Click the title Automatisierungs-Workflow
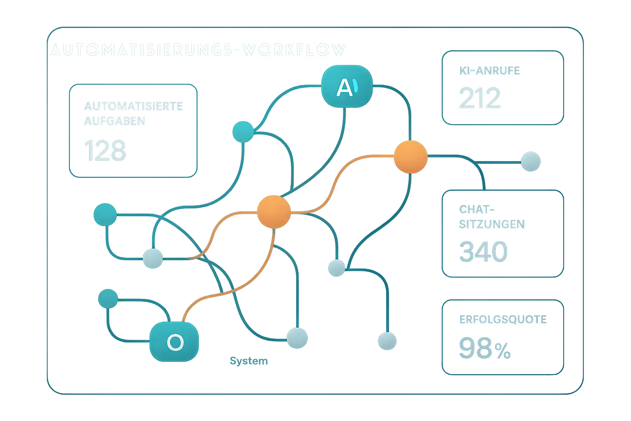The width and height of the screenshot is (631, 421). tap(198, 50)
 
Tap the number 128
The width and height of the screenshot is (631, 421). tap(105, 150)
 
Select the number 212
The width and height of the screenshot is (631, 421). tap(480, 98)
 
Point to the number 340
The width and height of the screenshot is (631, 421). tap(483, 252)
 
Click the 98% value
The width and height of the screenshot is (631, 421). tap(485, 348)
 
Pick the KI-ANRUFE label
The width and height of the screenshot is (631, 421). tap(489, 71)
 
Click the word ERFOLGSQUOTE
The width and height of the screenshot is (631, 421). tap(503, 319)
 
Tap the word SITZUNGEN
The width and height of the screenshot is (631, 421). tap(492, 224)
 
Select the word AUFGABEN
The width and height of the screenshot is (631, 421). tap(115, 121)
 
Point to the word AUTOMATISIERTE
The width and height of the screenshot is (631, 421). tap(134, 106)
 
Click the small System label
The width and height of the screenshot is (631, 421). tap(249, 361)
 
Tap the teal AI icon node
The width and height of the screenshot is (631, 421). tap(347, 87)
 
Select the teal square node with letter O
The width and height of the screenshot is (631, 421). tap(174, 342)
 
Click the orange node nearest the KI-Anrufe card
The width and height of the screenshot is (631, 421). tap(410, 157)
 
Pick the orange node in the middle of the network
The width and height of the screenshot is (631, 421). tap(274, 212)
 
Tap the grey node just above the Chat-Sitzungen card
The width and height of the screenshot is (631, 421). tap(530, 162)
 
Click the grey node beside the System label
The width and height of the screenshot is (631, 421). tap(297, 338)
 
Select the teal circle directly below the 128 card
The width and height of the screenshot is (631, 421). tap(105, 215)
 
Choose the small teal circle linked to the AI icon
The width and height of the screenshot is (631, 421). tap(243, 132)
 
